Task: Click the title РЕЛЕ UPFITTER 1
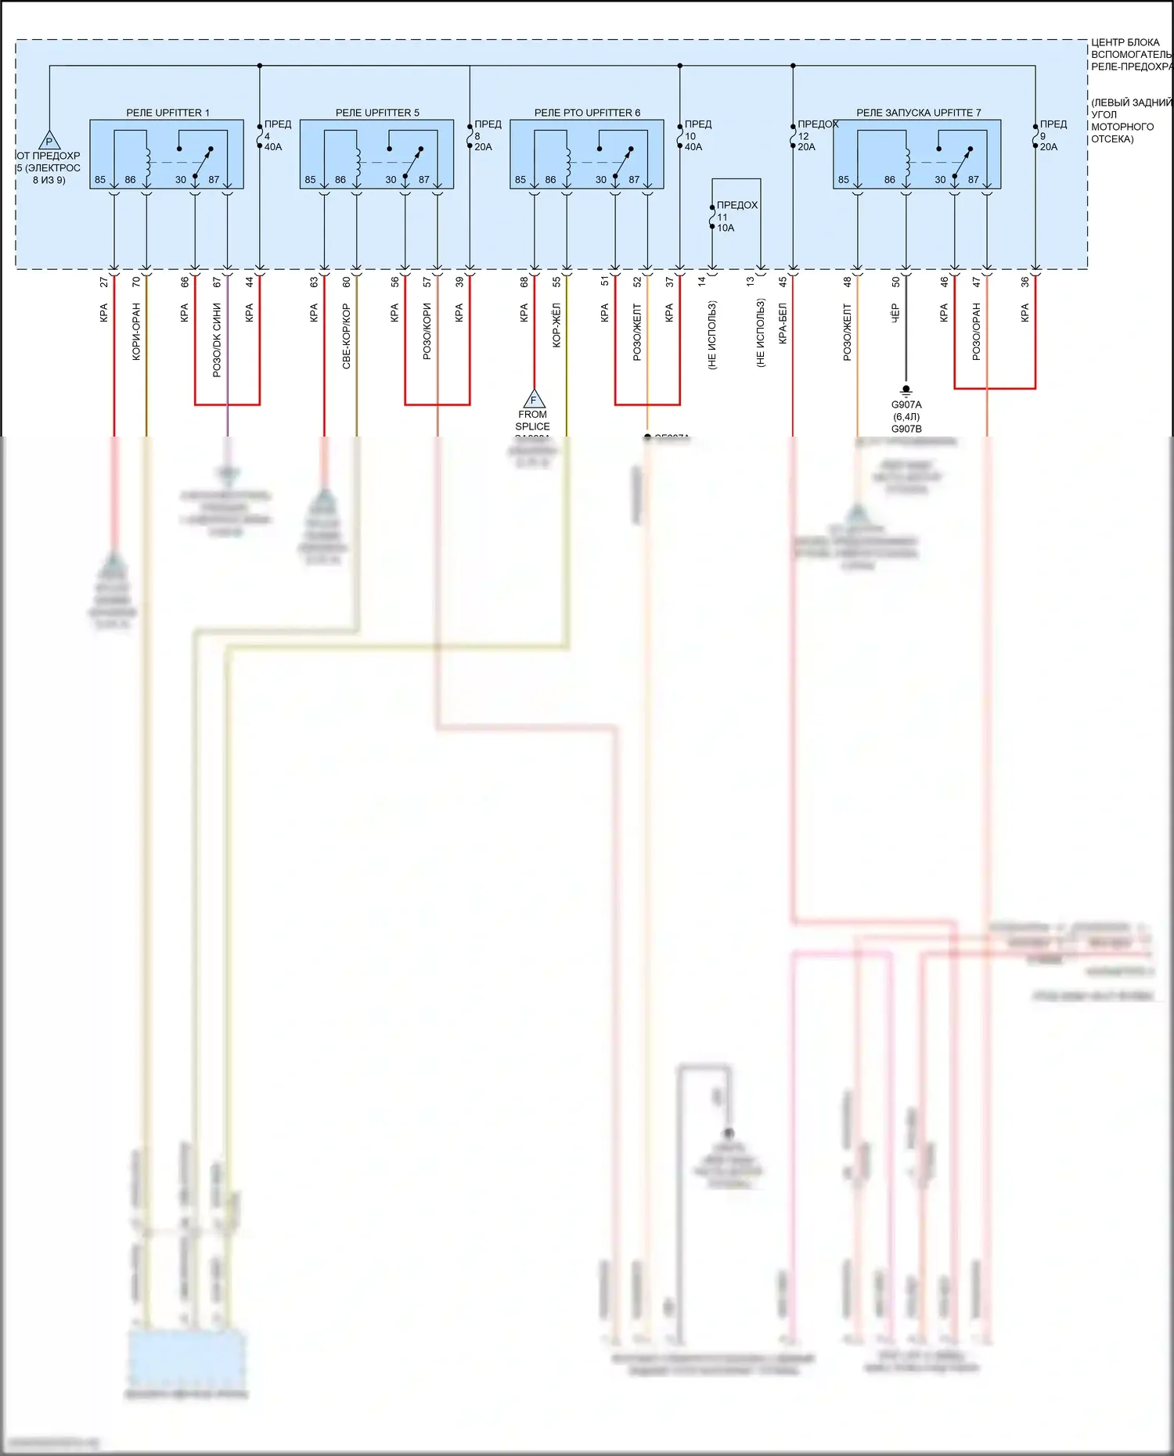tap(167, 113)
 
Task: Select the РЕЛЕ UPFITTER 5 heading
tap(377, 113)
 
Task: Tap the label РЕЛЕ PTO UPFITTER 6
tap(587, 113)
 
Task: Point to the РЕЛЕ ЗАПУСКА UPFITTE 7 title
tap(918, 113)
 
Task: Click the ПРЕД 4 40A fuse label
tap(275, 135)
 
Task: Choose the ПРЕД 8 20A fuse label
tap(486, 135)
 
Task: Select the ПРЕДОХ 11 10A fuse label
tap(734, 216)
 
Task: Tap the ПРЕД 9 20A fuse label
tap(1051, 135)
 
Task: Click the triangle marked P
tap(49, 142)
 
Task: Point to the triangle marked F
tap(534, 399)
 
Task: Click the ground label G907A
tap(906, 404)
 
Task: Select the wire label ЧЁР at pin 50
tap(895, 313)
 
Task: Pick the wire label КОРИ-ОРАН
tap(136, 331)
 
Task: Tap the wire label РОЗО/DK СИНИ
tap(217, 340)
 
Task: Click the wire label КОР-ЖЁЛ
tap(556, 325)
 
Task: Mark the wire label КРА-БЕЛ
tap(783, 323)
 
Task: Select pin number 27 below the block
tap(104, 282)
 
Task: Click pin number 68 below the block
tap(524, 282)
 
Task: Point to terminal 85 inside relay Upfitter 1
tap(100, 180)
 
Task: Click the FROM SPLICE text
tap(532, 420)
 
